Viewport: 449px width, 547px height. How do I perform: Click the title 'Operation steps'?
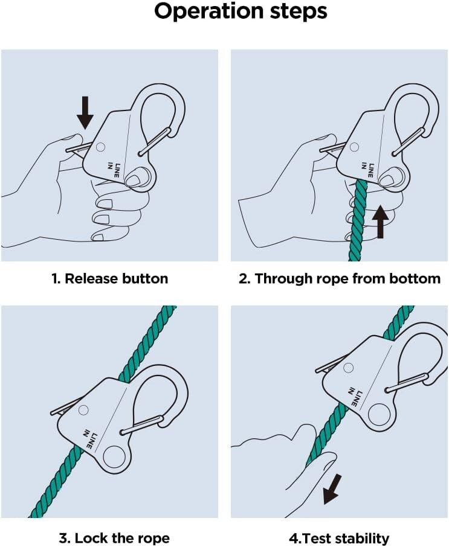(241, 12)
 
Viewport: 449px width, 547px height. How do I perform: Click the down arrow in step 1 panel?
(85, 112)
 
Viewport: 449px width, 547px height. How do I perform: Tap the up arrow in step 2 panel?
(380, 222)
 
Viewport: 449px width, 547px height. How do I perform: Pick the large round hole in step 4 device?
(379, 416)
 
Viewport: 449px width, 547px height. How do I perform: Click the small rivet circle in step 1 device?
(100, 146)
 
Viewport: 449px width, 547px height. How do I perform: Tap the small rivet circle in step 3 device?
(84, 409)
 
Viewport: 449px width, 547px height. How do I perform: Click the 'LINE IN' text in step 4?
(356, 395)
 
